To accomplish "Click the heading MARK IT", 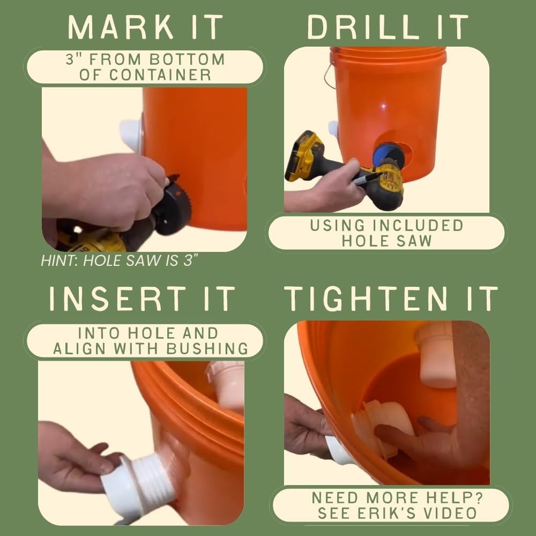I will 145,26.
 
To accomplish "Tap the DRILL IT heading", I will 388,26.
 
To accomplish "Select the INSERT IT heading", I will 143,299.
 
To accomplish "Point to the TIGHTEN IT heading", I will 391,299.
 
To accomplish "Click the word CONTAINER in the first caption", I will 145,75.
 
